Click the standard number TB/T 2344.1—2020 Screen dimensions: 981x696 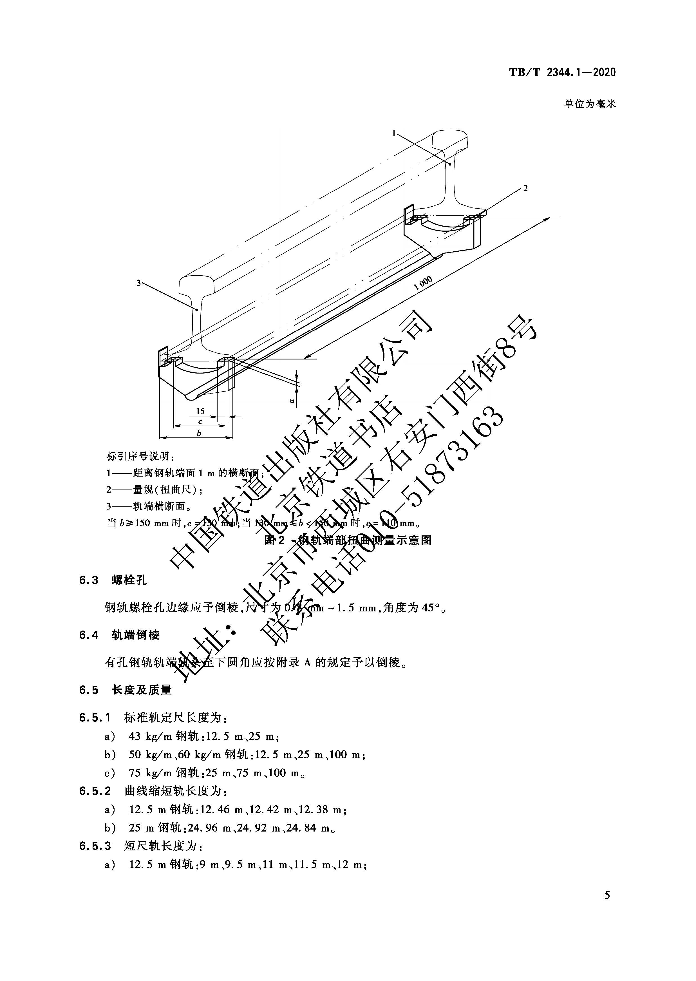coord(562,72)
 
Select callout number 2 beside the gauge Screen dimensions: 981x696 coord(525,188)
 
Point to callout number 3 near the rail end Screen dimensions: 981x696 coord(139,283)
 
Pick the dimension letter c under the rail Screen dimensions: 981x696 coord(200,422)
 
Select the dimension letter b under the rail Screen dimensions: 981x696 coord(198,433)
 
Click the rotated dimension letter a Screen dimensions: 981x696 coord(291,401)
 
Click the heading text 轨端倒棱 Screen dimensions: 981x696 coord(136,635)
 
